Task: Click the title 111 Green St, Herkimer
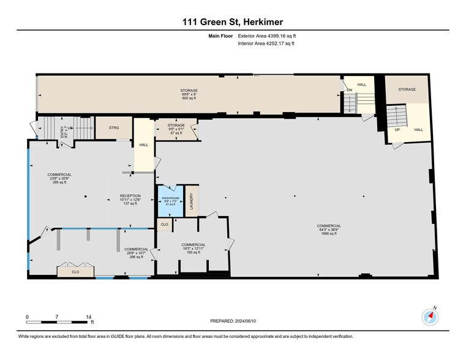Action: pos(233,22)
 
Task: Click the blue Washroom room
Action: pos(170,201)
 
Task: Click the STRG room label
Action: pos(114,128)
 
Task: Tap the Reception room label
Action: pos(130,200)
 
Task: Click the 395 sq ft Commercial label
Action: pos(59,178)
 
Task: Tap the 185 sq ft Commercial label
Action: pos(193,248)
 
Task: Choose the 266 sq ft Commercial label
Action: pos(136,253)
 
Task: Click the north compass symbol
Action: pos(430,317)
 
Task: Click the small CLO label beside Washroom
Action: pos(164,225)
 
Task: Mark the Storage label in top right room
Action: pos(407,89)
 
